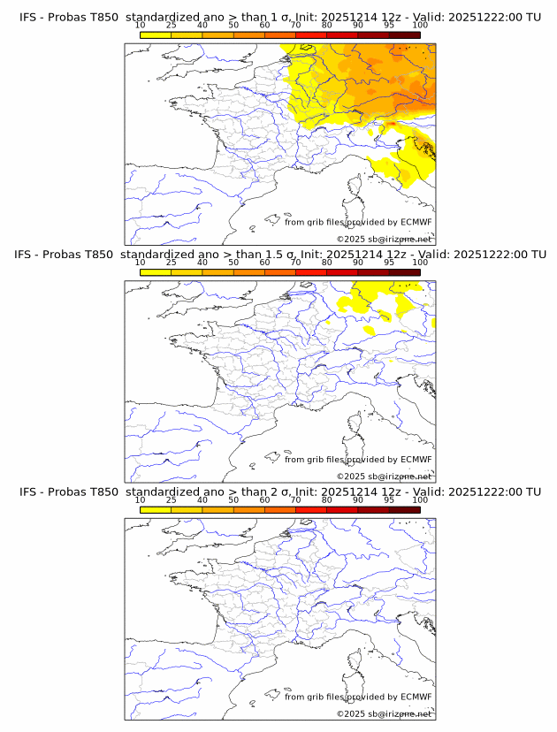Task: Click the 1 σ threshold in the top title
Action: (x=278, y=17)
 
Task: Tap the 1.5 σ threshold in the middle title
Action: (x=282, y=255)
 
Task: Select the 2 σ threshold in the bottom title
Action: (x=278, y=492)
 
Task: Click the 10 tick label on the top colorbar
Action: (x=140, y=25)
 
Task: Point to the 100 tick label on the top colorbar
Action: (x=420, y=25)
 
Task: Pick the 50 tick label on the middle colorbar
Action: (x=233, y=263)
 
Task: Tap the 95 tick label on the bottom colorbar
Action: (x=389, y=499)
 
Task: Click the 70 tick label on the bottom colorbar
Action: (x=295, y=499)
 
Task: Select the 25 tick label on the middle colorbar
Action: (x=171, y=263)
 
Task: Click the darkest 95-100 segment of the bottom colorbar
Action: (x=404, y=509)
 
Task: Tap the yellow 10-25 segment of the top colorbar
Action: (x=155, y=34)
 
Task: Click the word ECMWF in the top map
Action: (x=416, y=222)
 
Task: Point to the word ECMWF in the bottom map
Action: (x=416, y=697)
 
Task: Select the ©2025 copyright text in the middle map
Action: (x=351, y=477)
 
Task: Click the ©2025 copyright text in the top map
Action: (x=351, y=240)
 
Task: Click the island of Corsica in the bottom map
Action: (x=355, y=663)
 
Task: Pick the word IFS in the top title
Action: (x=29, y=17)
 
